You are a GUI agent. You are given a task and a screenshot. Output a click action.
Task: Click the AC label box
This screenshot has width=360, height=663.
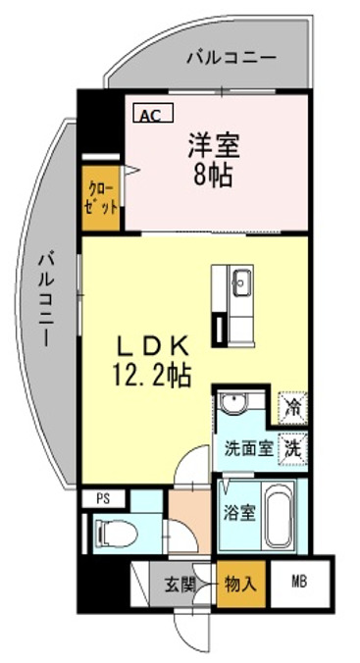pos(150,115)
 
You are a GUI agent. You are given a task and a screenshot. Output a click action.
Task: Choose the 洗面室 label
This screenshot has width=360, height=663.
pos(248,449)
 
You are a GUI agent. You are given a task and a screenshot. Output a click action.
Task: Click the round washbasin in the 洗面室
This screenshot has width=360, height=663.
pos(231,406)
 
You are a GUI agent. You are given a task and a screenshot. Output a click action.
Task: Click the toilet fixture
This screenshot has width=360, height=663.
pos(116,534)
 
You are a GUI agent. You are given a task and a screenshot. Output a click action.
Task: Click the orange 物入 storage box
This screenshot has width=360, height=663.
pos(242,583)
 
